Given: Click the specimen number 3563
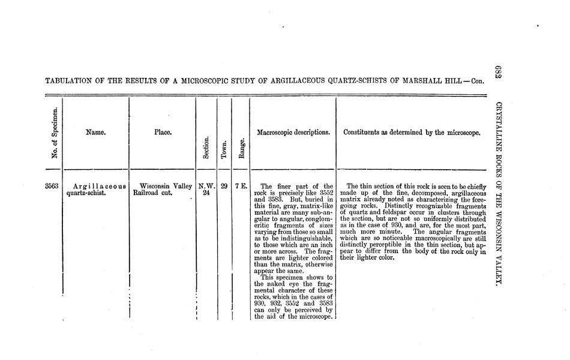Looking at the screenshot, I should (x=52, y=187).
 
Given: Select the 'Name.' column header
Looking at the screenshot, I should (x=96, y=133).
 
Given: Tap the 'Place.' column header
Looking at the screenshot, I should (x=163, y=133).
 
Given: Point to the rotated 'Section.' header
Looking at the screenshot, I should (x=206, y=147).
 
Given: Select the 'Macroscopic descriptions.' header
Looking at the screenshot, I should (x=293, y=133).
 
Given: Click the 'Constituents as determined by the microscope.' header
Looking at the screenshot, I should (x=412, y=133).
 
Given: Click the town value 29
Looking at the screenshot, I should (x=223, y=186).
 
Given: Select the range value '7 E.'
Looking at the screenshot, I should (x=241, y=186).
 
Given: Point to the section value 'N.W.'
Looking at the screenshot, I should (x=206, y=186).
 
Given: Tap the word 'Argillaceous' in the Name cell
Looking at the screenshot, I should (x=99, y=187).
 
